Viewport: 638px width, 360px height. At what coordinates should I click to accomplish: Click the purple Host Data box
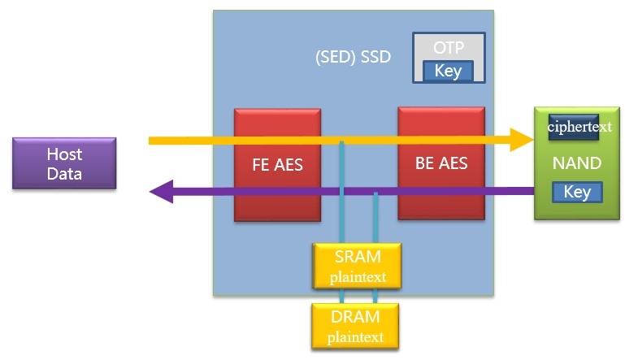(64, 163)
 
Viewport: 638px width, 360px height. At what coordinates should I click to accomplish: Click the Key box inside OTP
(448, 72)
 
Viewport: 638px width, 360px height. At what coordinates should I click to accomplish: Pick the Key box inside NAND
(577, 192)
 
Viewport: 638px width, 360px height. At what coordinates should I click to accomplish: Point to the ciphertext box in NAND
(579, 127)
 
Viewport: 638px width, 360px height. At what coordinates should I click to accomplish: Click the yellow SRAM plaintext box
(357, 266)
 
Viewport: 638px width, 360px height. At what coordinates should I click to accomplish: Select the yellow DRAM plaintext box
(357, 326)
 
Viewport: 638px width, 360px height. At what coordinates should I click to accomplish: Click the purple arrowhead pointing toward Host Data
(162, 192)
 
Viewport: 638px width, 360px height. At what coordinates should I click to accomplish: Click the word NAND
(578, 163)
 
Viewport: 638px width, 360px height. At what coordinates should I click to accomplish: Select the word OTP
(449, 48)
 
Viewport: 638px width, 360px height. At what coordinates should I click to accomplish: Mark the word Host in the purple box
(64, 154)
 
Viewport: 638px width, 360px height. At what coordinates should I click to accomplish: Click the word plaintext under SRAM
(357, 276)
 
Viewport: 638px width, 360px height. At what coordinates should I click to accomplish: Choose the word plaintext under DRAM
(357, 336)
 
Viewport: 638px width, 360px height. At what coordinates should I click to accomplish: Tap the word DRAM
(357, 317)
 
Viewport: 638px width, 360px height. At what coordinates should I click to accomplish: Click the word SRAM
(357, 257)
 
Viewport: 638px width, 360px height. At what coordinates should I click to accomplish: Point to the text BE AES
(441, 163)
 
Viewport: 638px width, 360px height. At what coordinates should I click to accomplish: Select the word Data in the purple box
(64, 172)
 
